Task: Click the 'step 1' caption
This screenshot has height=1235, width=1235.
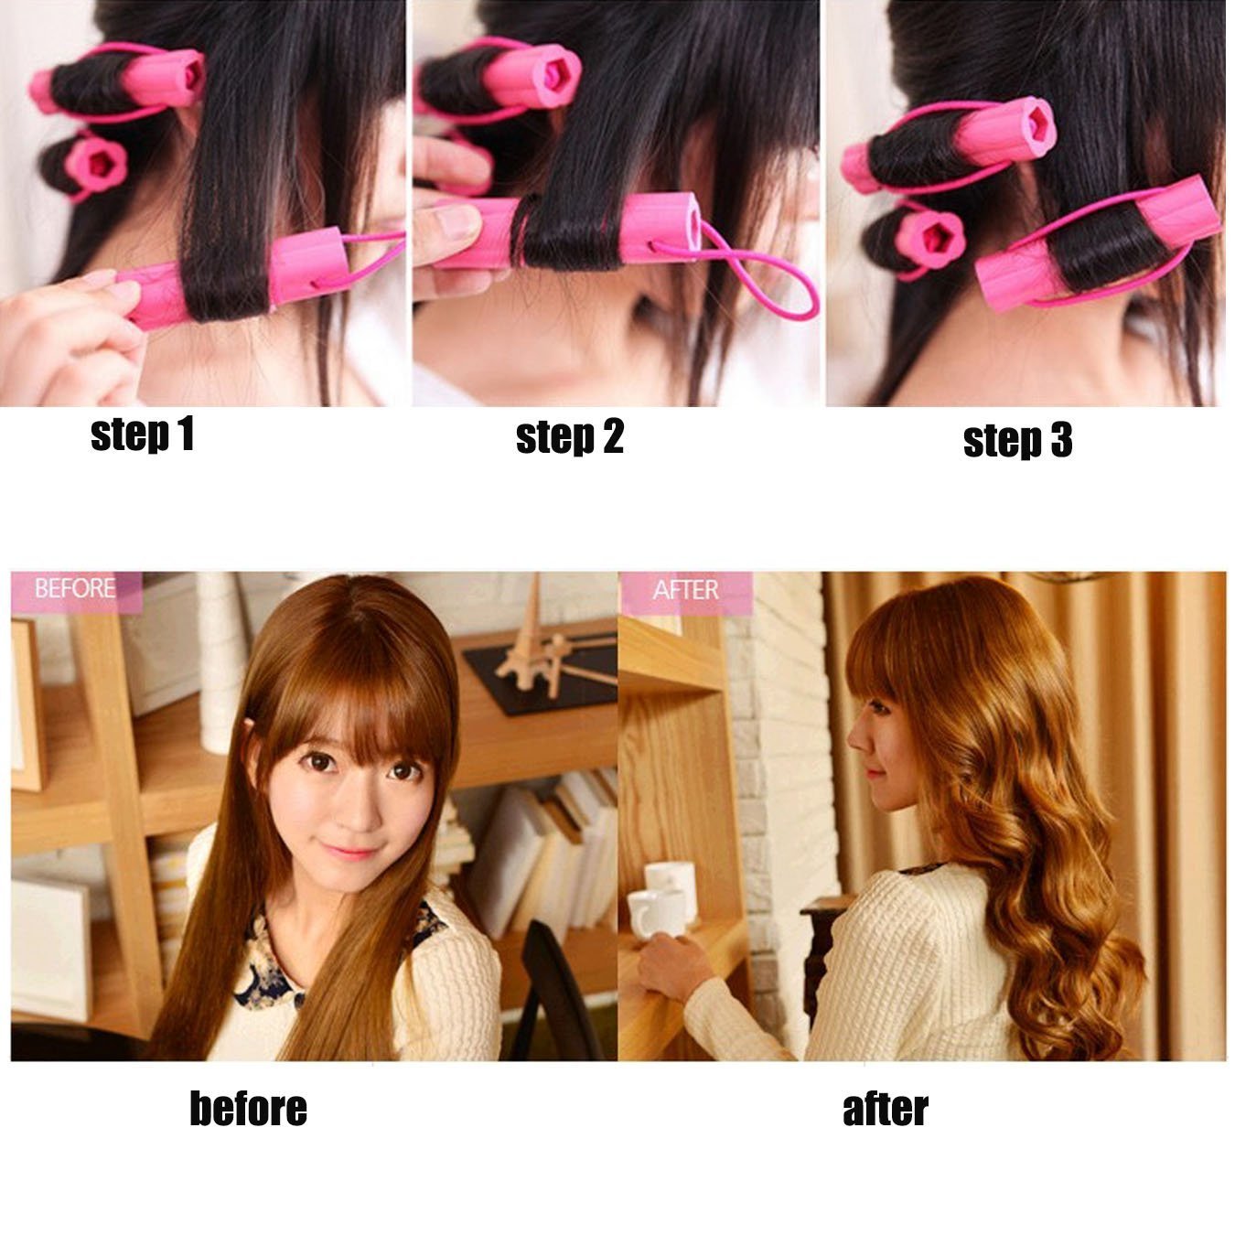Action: tap(143, 435)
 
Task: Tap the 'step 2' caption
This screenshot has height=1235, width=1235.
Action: tap(570, 437)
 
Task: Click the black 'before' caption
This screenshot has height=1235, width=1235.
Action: tap(249, 1110)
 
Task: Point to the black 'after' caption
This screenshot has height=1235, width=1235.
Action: tap(885, 1110)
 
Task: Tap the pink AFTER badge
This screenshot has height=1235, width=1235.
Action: tap(686, 591)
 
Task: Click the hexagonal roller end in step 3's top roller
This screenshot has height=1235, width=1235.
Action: tap(1020, 132)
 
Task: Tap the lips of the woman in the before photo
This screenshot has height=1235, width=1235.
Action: tap(350, 852)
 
